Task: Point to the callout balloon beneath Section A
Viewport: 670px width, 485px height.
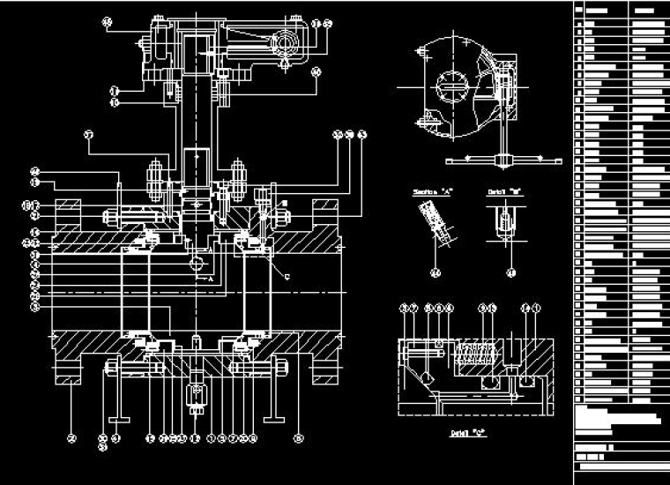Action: tap(435, 272)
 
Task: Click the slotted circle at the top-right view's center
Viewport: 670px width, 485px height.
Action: tap(454, 87)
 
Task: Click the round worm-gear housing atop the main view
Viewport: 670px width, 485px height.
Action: tap(287, 41)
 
